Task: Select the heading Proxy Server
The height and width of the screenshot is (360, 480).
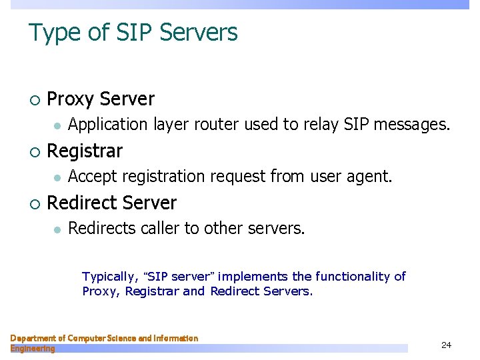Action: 101,99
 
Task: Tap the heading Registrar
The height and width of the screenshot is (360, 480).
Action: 85,151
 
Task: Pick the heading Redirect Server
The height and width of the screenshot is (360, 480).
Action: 111,203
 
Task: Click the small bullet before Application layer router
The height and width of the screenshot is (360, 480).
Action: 58,125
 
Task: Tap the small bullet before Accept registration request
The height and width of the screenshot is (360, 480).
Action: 58,177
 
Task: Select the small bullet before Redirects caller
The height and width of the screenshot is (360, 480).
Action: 58,229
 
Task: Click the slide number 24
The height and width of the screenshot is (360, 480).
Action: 446,345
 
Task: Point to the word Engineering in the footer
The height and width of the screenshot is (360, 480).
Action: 33,349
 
